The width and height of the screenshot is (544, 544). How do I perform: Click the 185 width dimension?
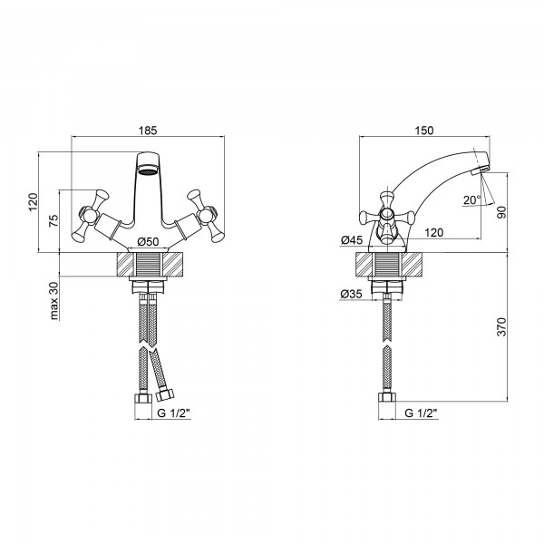(148, 131)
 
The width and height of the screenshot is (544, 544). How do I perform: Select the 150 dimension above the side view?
(424, 131)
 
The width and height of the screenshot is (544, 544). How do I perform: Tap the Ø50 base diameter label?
(148, 241)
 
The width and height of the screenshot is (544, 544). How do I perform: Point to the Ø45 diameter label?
(352, 239)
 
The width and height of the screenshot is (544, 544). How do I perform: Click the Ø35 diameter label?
(351, 294)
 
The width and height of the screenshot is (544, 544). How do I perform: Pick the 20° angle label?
(472, 200)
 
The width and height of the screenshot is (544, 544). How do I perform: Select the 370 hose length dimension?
(501, 326)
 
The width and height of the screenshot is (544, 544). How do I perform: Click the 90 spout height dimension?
(501, 212)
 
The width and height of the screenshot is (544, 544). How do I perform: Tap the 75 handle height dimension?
(53, 221)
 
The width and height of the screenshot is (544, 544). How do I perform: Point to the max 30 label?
(53, 300)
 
